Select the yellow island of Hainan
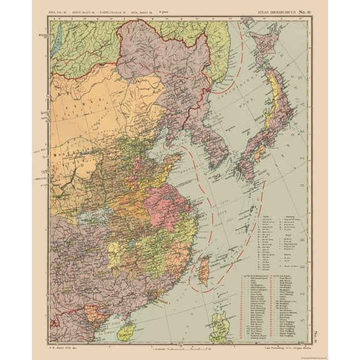[x=131, y=329]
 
